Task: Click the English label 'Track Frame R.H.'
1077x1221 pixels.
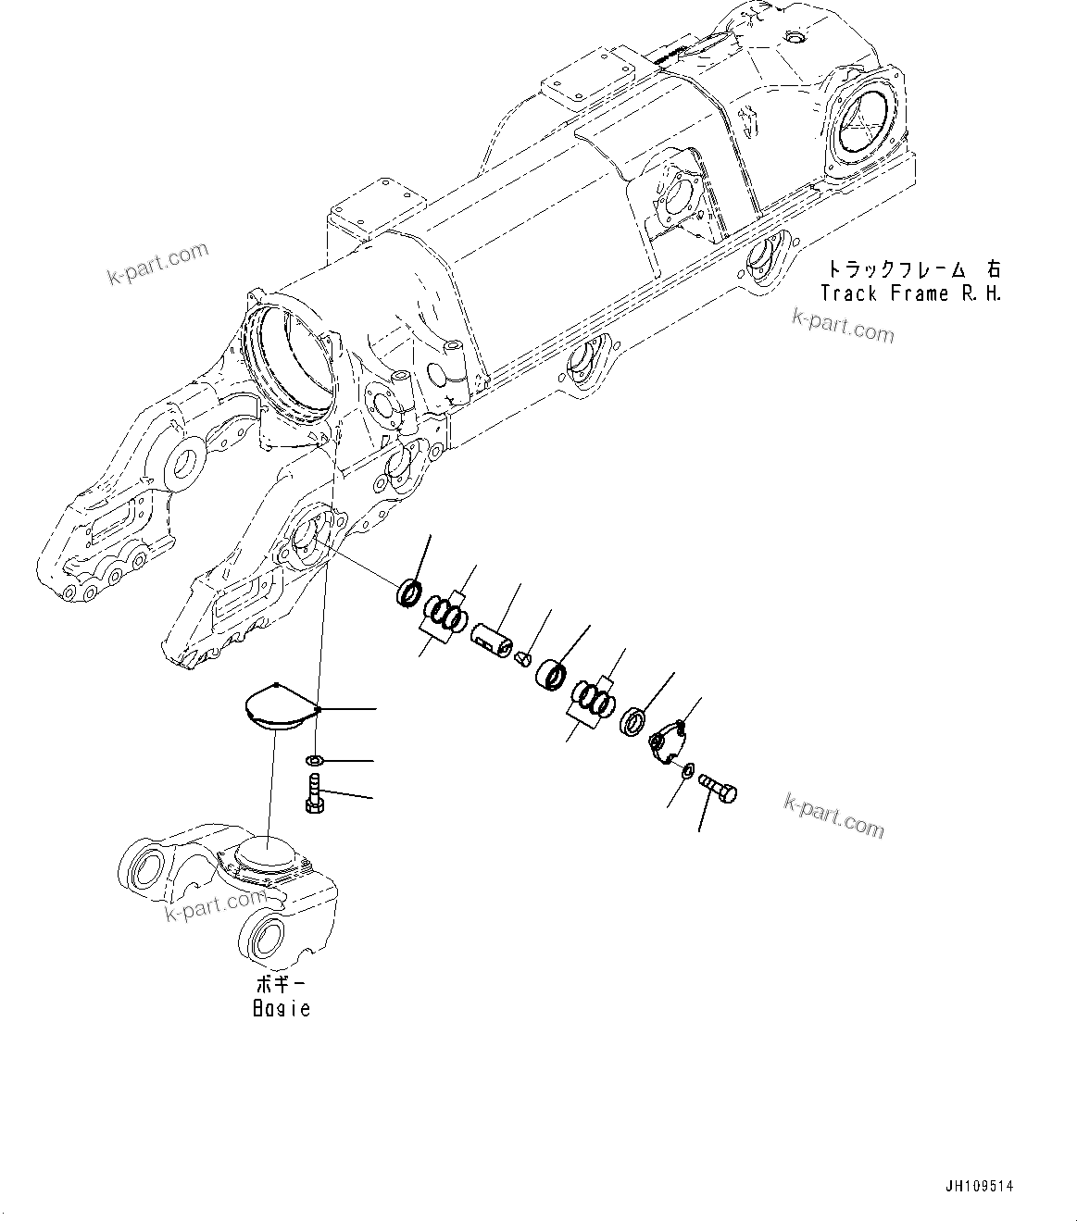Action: pyautogui.click(x=911, y=293)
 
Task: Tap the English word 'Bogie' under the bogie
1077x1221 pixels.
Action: pyautogui.click(x=282, y=1008)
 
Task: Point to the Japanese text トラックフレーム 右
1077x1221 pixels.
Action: pyautogui.click(x=913, y=269)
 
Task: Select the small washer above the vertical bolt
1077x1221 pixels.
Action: pyautogui.click(x=315, y=761)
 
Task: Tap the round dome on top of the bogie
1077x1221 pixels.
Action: pyautogui.click(x=265, y=851)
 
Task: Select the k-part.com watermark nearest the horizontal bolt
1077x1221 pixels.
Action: pyautogui.click(x=834, y=815)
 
